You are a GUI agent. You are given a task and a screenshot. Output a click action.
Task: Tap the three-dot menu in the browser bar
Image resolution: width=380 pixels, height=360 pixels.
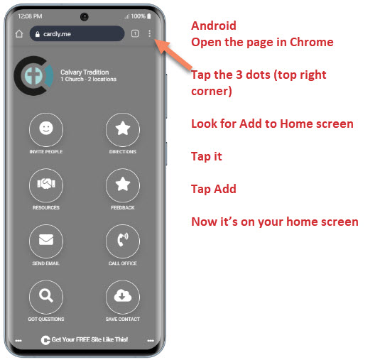point(150,33)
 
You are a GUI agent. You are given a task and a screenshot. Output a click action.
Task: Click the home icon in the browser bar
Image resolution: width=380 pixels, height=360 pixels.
point(19,33)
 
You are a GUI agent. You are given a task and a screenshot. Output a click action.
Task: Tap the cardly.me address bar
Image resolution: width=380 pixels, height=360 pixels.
point(77,33)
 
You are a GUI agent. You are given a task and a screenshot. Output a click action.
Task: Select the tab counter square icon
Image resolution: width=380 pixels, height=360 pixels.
point(135,33)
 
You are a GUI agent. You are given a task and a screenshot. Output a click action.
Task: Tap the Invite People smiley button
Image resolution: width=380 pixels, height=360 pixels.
point(46,130)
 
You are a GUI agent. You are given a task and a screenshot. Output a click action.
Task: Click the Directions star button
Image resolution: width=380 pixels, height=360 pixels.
point(123,130)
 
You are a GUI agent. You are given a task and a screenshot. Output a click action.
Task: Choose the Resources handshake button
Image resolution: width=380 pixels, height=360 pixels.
point(46,185)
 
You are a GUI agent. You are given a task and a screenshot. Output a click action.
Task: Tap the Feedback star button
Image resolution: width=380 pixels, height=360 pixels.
point(123,185)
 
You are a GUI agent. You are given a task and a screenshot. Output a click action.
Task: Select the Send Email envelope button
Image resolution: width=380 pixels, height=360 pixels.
point(46,241)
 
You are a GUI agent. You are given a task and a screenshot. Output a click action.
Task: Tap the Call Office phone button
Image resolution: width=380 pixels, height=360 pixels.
point(123,241)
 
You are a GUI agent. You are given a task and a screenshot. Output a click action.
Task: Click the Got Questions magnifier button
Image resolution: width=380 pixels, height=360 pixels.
point(46,297)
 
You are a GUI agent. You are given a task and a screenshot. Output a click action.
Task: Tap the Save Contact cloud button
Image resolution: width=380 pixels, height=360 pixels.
point(123,297)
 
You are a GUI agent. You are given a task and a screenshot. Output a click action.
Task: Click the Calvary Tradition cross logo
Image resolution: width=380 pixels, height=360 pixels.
point(34,76)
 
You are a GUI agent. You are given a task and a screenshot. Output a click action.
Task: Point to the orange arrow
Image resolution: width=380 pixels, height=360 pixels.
point(173,55)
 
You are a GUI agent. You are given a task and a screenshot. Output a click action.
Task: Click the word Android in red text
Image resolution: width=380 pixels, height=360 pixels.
point(214,26)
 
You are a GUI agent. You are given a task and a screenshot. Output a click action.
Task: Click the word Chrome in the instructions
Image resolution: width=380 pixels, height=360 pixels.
point(311,42)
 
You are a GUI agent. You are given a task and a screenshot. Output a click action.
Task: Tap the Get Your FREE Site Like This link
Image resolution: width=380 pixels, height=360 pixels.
point(85,339)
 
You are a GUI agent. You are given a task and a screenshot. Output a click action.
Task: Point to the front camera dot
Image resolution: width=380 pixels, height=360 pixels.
point(85,17)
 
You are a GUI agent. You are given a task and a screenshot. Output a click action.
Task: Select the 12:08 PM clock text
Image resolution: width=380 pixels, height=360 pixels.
point(30,16)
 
